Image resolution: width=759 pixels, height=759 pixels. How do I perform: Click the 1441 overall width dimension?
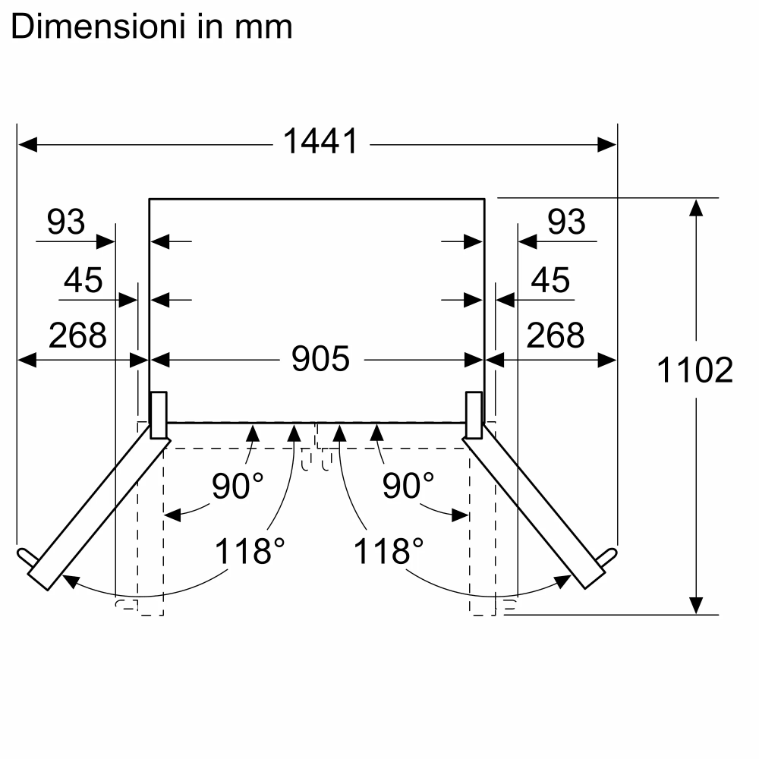coord(320,142)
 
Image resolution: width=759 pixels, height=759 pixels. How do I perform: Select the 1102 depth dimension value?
coord(694,370)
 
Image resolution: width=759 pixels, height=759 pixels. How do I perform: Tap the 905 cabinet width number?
coord(320,358)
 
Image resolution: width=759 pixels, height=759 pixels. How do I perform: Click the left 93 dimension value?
coord(66,222)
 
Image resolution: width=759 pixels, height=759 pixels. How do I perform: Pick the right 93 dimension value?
coord(566,222)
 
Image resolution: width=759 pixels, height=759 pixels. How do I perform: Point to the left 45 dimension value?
coord(83,281)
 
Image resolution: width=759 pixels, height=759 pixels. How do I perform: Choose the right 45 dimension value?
coord(550,281)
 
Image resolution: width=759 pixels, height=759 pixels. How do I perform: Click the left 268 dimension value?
coord(77,335)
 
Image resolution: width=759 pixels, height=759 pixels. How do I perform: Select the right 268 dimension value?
coord(556,335)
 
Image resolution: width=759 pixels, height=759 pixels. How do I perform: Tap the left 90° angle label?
coord(238,487)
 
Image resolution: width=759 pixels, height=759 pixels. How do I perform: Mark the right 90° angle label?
coord(408,487)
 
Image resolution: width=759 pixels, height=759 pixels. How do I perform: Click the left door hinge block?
coord(159,415)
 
